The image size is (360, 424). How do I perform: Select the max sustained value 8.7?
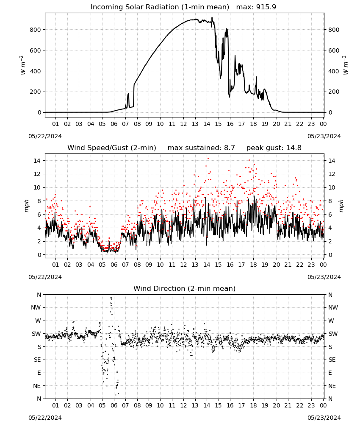click(x=229, y=148)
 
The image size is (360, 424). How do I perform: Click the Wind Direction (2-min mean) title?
click(x=185, y=288)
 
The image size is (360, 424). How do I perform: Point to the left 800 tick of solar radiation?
click(x=36, y=30)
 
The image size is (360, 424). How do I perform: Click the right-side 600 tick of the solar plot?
click(x=334, y=50)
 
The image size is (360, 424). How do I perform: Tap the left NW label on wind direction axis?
click(x=36, y=308)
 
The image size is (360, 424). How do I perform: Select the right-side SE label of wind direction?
click(x=332, y=360)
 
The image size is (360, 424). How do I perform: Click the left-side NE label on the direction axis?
click(x=37, y=386)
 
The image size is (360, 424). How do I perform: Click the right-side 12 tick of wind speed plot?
click(x=332, y=174)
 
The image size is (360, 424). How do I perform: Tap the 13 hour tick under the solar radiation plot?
click(x=195, y=124)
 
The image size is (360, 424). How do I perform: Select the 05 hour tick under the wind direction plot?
click(x=102, y=406)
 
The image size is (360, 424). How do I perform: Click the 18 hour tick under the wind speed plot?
click(x=253, y=265)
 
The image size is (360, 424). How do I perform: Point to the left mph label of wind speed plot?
click(x=26, y=206)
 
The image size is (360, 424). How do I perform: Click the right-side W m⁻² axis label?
click(x=346, y=65)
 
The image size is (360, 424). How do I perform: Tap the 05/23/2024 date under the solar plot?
click(x=324, y=136)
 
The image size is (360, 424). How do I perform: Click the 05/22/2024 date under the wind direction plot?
click(x=45, y=418)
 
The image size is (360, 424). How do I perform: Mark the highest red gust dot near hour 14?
click(x=208, y=159)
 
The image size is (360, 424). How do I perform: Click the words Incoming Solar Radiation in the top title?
click(x=135, y=7)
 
